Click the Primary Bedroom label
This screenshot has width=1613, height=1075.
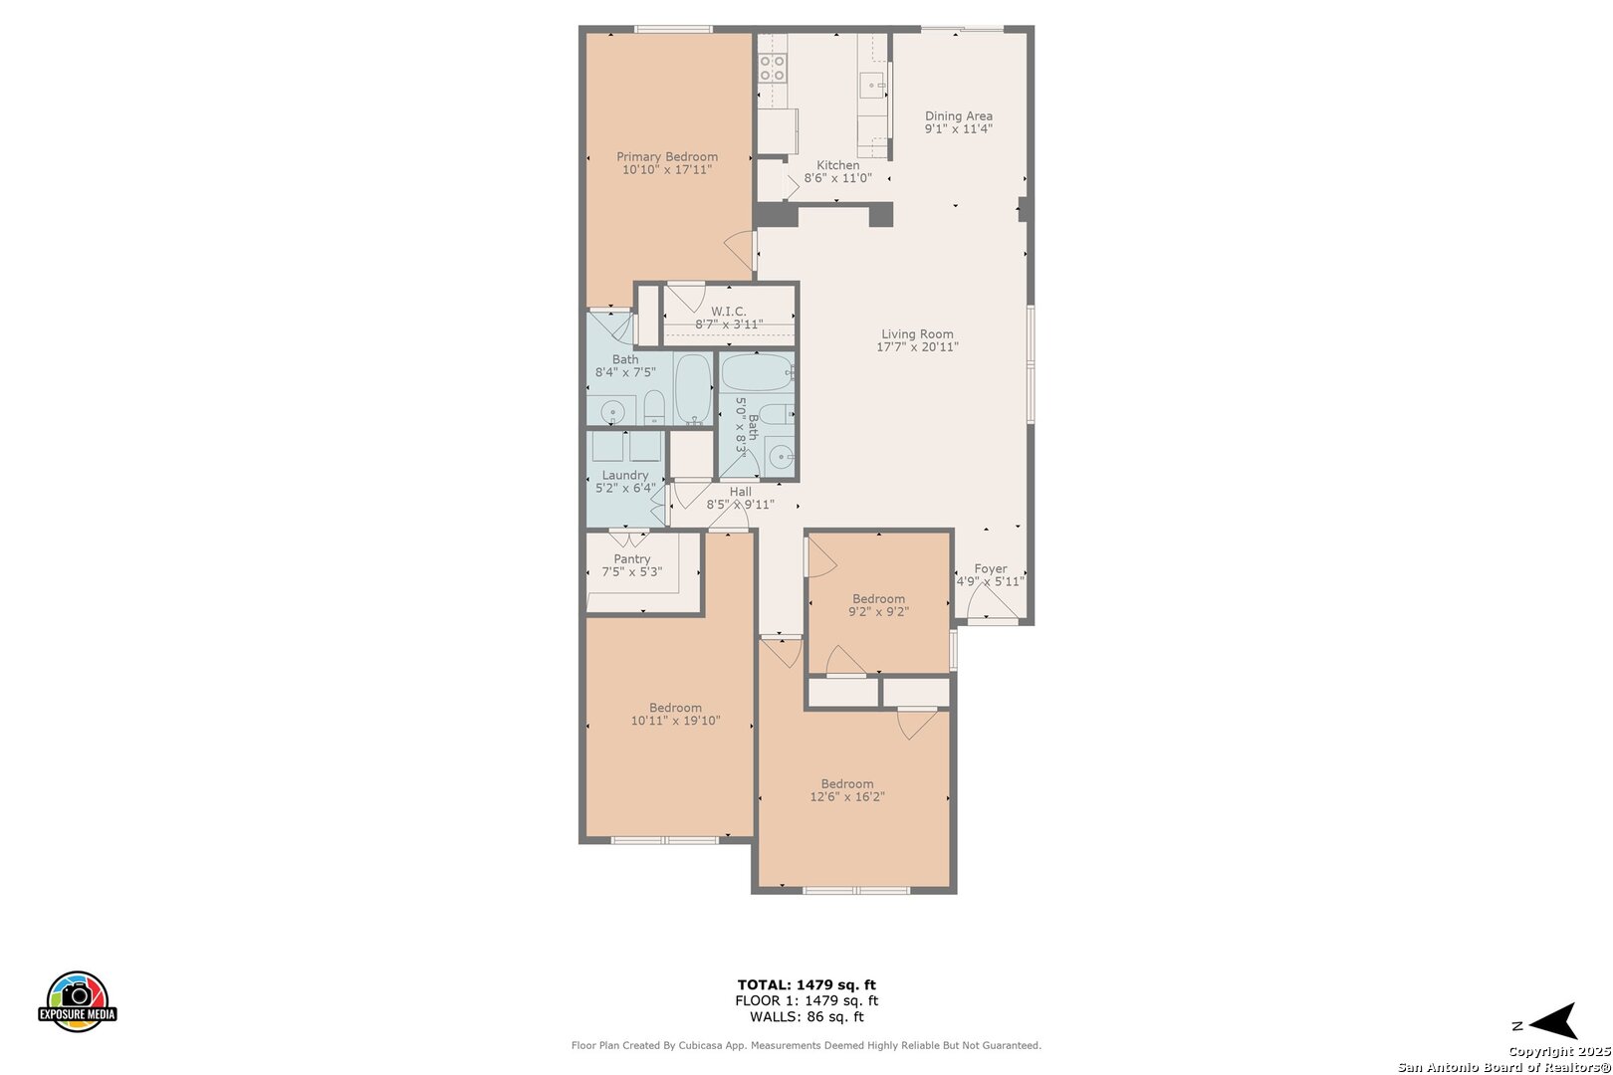(x=667, y=157)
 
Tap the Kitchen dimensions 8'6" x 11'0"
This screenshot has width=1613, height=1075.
(x=837, y=178)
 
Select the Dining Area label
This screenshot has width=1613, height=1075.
(x=959, y=115)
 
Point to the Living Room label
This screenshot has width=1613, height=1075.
(x=917, y=334)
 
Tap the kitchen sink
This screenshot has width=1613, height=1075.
(x=873, y=86)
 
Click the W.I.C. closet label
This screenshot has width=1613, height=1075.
(x=728, y=312)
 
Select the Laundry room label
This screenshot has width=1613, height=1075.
(x=625, y=475)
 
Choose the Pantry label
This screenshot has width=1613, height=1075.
(x=632, y=558)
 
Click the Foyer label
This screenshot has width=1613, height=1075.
(x=990, y=568)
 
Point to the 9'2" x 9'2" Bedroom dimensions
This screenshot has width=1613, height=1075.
(x=878, y=612)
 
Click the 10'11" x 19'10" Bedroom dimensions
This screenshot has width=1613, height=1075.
(x=675, y=721)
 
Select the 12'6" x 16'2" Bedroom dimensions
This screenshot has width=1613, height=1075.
(x=846, y=797)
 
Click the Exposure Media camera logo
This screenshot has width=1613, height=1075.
(x=77, y=1000)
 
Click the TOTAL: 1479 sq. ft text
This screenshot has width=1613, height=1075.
(x=806, y=985)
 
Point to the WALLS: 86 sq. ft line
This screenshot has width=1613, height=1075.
(x=806, y=1017)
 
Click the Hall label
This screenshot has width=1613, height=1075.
(x=740, y=492)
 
